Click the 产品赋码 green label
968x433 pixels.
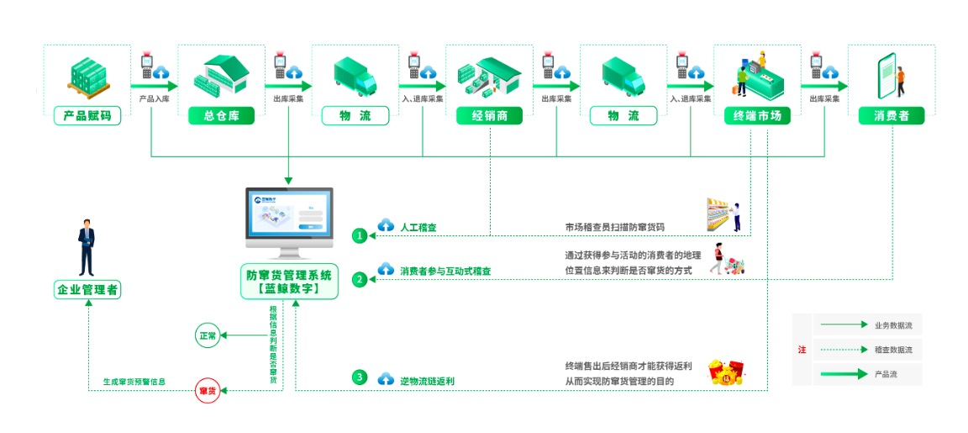[87, 116]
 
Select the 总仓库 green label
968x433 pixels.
[221, 116]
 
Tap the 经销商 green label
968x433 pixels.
[489, 116]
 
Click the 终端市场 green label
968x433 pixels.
[757, 116]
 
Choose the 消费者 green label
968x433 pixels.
[891, 116]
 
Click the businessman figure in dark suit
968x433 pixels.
[87, 248]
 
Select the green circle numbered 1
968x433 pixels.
[360, 235]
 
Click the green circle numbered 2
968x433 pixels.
[360, 279]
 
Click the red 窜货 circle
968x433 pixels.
[207, 391]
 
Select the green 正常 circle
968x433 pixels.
[207, 335]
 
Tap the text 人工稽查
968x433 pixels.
[418, 227]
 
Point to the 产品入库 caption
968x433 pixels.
[155, 98]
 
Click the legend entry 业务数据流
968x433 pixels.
[892, 325]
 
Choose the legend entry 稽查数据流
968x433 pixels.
[892, 349]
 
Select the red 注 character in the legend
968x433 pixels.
[802, 349]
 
